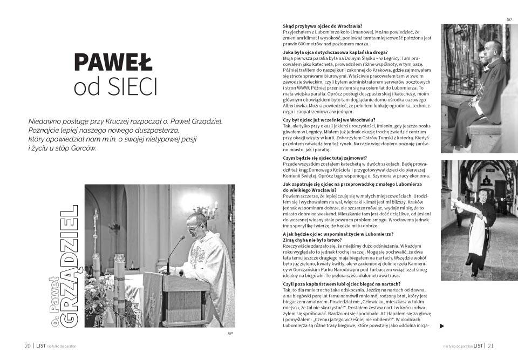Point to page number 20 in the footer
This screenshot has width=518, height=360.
(27, 346)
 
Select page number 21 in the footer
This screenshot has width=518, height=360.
(490, 346)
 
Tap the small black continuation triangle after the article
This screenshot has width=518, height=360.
(442, 326)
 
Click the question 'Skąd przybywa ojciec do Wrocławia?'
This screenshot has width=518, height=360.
(322, 26)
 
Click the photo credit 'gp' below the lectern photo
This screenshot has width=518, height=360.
(230, 333)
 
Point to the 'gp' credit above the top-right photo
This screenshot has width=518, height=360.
(508, 19)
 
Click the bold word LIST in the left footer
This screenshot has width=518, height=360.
(41, 346)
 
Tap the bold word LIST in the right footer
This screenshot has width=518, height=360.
(477, 346)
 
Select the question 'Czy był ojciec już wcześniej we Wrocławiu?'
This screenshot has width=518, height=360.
(329, 119)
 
